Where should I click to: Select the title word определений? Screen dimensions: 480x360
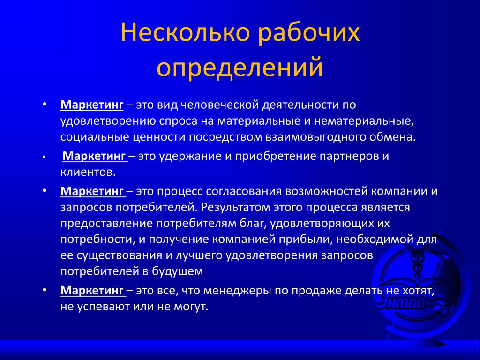(240, 67)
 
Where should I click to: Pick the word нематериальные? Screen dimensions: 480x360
(364, 121)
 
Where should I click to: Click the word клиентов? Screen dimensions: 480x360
(88, 172)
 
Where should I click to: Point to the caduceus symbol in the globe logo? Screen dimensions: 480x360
(417, 264)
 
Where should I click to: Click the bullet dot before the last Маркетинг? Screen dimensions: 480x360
(45, 290)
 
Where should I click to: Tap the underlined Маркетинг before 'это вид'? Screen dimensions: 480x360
(92, 105)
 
